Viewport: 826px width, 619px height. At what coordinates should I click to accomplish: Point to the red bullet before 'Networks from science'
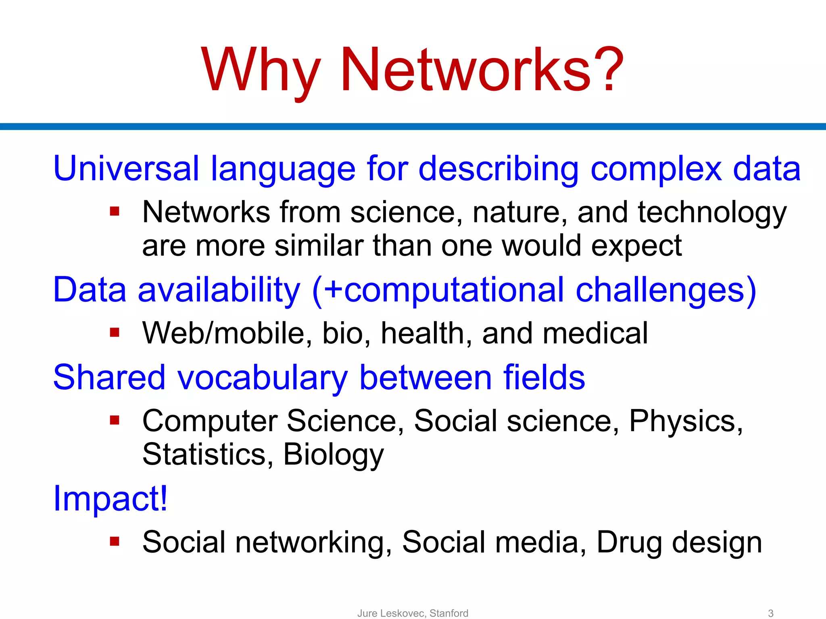[x=115, y=212]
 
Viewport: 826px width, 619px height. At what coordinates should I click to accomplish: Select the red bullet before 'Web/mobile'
[x=115, y=333]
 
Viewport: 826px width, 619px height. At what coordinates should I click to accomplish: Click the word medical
[x=595, y=334]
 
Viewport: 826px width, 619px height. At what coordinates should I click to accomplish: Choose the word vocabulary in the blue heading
[x=263, y=378]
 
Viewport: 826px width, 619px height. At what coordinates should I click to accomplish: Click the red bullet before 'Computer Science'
[x=115, y=420]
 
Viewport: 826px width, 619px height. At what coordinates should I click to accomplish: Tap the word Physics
[x=686, y=422]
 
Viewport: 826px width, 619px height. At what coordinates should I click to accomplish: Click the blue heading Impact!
[x=110, y=499]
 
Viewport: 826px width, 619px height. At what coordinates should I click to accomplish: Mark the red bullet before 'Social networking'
[x=115, y=542]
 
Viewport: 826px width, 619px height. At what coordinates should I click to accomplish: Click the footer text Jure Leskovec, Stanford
[x=413, y=613]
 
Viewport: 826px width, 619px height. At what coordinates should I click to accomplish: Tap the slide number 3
[x=770, y=613]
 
